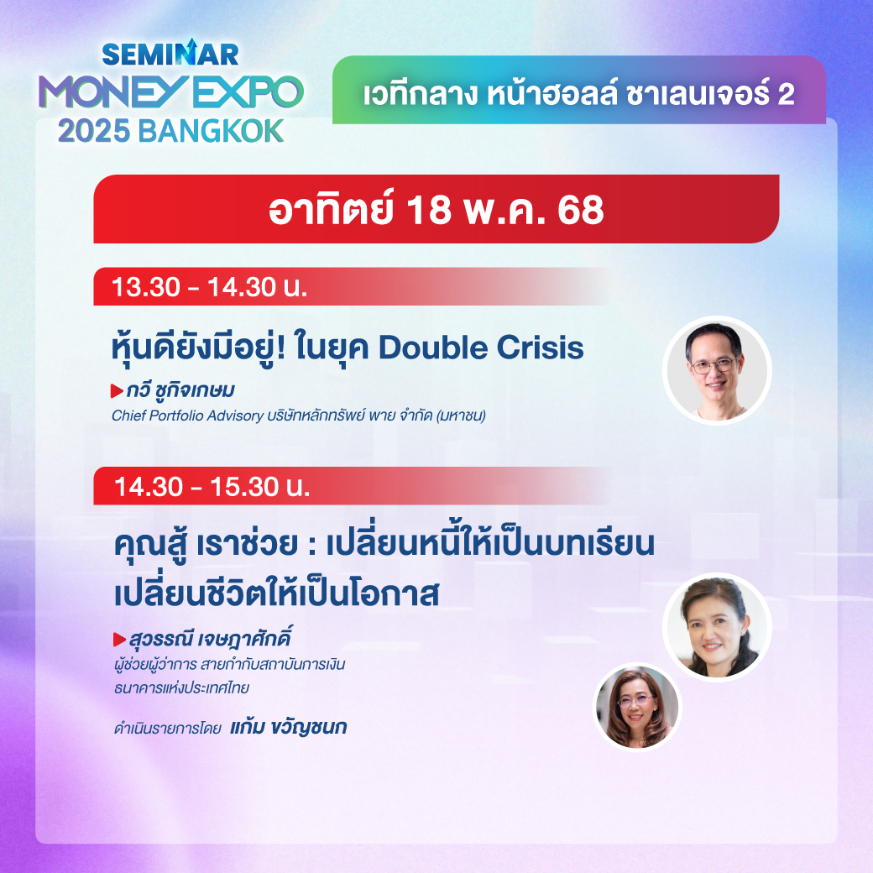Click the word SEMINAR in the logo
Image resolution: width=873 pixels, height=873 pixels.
tap(170, 54)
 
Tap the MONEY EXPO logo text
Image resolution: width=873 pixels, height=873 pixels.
tap(171, 91)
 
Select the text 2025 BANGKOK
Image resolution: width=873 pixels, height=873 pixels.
tap(171, 132)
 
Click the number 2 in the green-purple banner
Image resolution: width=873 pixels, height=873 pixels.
tap(786, 95)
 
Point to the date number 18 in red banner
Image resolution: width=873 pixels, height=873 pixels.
tap(428, 210)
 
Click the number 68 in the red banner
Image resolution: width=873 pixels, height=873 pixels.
tap(581, 210)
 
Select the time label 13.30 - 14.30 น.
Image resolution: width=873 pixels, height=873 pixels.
tap(209, 287)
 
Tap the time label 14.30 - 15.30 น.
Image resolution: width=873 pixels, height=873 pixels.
tap(212, 487)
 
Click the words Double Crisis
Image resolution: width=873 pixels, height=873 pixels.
tap(481, 348)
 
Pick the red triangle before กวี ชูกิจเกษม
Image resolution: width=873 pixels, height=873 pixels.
tap(117, 391)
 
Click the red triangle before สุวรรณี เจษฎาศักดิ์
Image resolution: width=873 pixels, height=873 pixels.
tap(120, 640)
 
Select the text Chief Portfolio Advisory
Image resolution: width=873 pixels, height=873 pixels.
tap(188, 416)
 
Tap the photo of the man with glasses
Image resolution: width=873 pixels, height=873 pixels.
tap(717, 371)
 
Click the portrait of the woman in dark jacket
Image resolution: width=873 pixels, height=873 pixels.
tap(717, 627)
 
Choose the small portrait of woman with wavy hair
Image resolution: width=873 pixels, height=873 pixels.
tap(638, 707)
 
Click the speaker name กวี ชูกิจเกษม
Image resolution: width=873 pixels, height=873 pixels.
tap(180, 390)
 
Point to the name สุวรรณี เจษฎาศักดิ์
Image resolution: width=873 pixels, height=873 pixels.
tap(210, 639)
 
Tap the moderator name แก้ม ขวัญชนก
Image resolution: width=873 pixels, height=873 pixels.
tap(289, 727)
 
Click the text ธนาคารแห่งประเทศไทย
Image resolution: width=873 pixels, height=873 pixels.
tap(181, 688)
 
